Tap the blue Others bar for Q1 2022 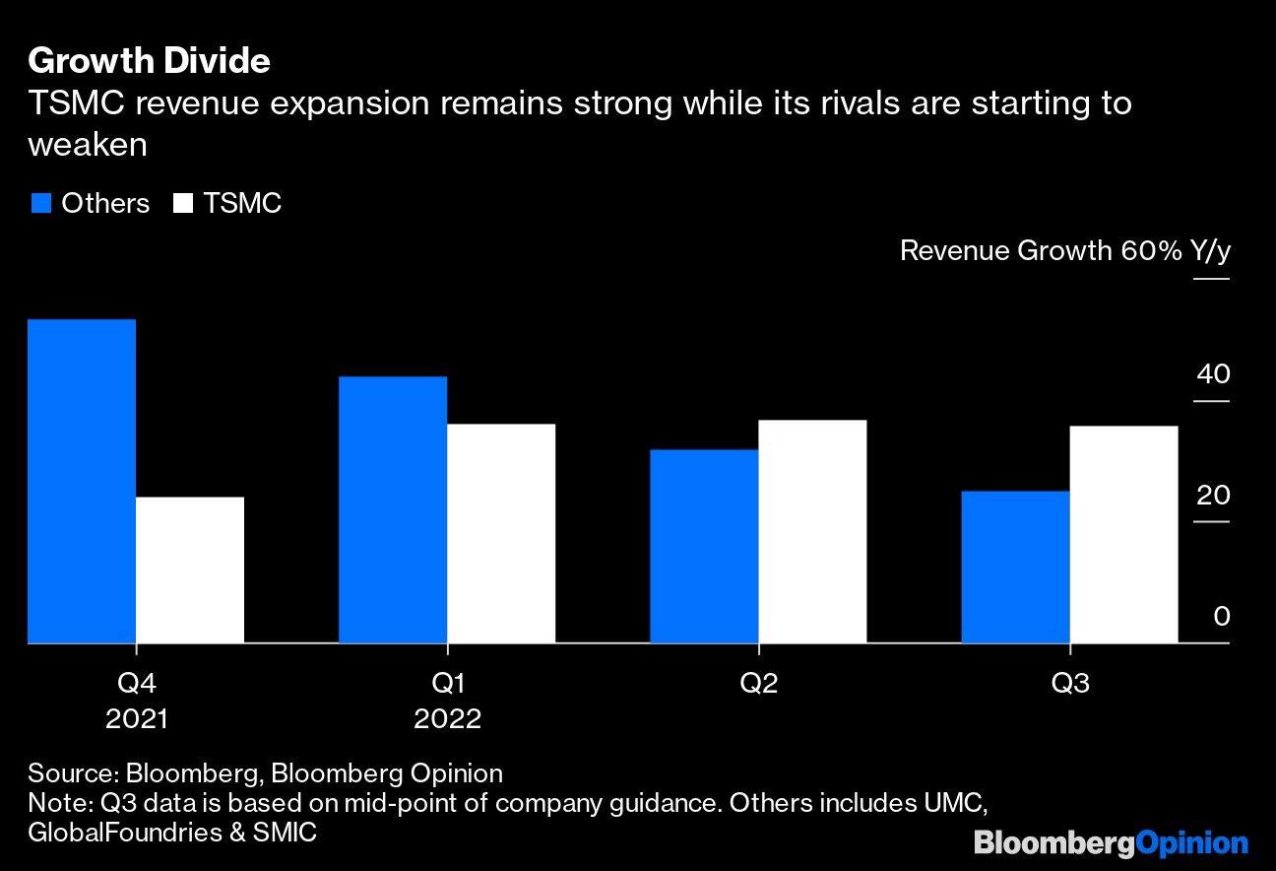tap(393, 509)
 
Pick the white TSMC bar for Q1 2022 tap(501, 533)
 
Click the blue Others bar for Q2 tap(704, 546)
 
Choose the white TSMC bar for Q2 tap(812, 531)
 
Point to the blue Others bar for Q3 tap(1015, 567)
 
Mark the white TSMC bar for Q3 tap(1123, 534)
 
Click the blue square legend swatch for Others tap(40, 204)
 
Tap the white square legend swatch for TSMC tap(183, 204)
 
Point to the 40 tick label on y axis tap(1213, 374)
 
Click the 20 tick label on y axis tap(1213, 495)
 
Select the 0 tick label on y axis tap(1221, 617)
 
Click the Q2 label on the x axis tap(758, 683)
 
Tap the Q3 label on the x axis tap(1070, 683)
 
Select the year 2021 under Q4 tap(137, 718)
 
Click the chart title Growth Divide tap(150, 61)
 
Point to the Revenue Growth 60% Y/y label tap(1064, 250)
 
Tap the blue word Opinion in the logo tap(1192, 843)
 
